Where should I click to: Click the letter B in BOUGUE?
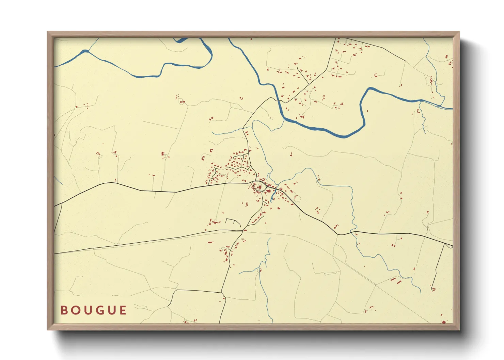pyautogui.click(x=64, y=310)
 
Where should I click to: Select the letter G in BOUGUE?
pyautogui.click(x=99, y=310)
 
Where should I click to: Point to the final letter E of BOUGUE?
pyautogui.click(x=123, y=310)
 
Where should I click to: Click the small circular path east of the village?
pyautogui.click(x=297, y=198)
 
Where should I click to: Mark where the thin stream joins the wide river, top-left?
pyautogui.click(x=86, y=51)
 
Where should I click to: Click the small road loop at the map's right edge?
pyautogui.click(x=450, y=246)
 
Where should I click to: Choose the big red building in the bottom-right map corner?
pyautogui.click(x=444, y=321)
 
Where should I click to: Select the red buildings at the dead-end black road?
pyautogui.click(x=433, y=289)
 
